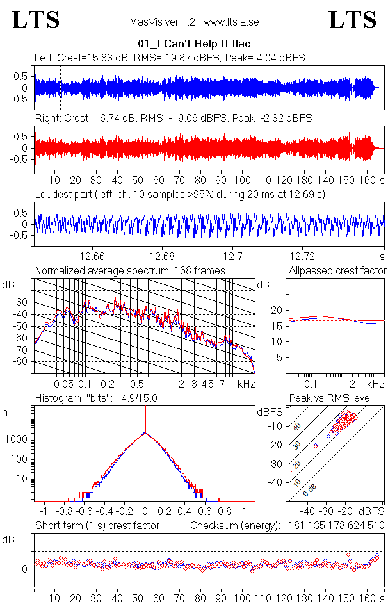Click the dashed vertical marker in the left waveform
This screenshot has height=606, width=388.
(x=60, y=87)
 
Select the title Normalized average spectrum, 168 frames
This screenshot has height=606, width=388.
(x=130, y=270)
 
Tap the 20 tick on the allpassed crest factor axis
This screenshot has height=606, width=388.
(x=277, y=310)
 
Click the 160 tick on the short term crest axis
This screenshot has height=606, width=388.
(x=367, y=599)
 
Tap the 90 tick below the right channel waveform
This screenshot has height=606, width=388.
(x=220, y=180)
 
